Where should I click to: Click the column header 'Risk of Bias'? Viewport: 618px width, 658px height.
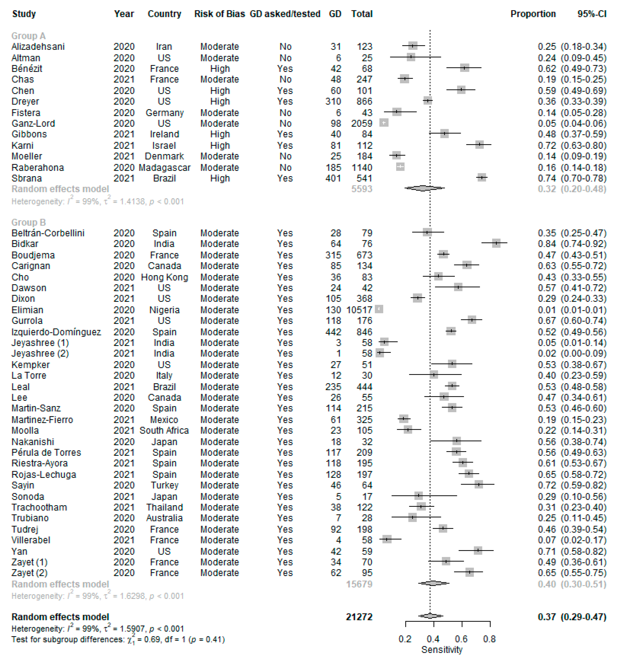click(x=219, y=14)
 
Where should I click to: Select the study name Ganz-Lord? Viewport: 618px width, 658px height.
click(x=33, y=123)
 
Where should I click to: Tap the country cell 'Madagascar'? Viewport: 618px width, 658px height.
click(x=165, y=167)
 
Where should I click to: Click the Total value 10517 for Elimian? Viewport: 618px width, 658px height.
click(x=359, y=310)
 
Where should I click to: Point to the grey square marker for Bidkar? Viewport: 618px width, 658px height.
click(x=496, y=243)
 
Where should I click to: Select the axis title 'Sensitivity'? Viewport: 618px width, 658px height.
click(x=442, y=649)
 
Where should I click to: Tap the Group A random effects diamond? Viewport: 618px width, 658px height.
click(x=424, y=188)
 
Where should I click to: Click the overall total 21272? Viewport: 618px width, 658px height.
click(x=359, y=617)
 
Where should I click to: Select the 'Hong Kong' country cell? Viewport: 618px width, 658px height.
click(x=165, y=277)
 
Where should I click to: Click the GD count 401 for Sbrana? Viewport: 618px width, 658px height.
click(x=333, y=178)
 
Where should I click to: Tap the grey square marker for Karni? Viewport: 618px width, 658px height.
click(x=479, y=145)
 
